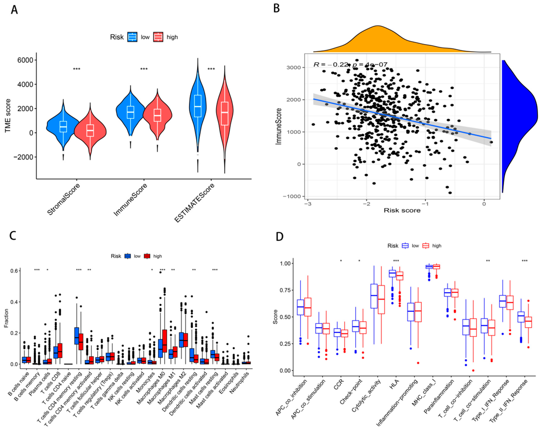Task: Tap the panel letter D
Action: point(280,237)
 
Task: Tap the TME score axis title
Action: point(8,116)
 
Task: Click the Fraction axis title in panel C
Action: point(6,318)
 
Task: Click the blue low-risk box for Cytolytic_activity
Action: point(374,296)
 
